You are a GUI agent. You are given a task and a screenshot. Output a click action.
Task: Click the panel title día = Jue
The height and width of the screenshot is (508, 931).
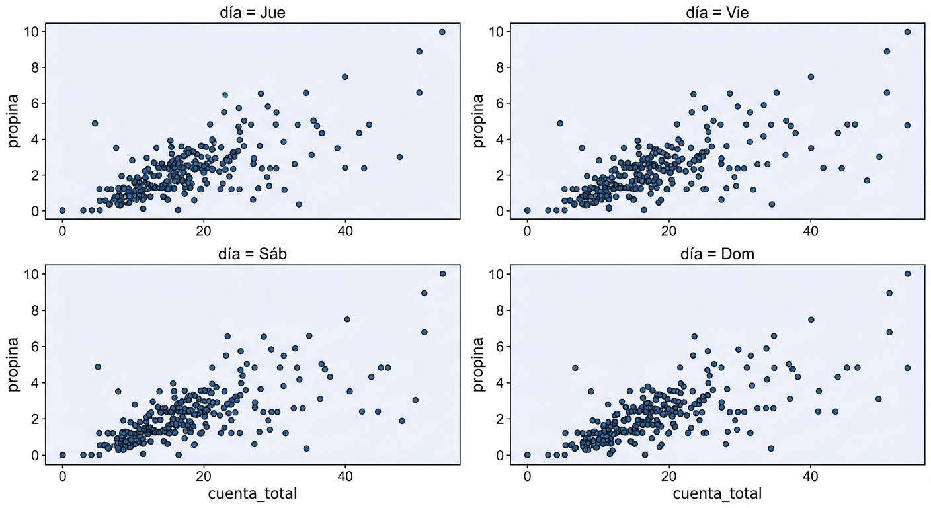tap(253, 12)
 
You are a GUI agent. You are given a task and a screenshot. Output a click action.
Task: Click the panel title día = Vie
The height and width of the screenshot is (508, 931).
tap(717, 12)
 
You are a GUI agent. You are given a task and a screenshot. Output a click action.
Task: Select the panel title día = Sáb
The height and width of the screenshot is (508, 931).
tap(253, 254)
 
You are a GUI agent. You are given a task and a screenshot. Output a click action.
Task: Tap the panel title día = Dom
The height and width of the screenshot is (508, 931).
tap(717, 254)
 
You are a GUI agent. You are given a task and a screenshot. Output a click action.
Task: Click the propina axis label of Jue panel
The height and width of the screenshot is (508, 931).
tap(14, 121)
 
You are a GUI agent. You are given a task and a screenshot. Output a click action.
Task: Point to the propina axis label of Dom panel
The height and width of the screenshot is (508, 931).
tap(479, 364)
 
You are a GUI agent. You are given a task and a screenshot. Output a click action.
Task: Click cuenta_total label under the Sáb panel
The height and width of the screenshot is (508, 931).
tap(253, 493)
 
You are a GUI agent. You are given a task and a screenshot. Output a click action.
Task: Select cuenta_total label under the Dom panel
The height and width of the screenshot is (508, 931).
tap(717, 493)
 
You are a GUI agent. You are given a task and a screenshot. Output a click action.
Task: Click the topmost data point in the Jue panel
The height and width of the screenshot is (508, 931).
tap(442, 32)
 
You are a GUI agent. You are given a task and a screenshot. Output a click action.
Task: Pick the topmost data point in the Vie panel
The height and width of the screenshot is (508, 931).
tap(907, 32)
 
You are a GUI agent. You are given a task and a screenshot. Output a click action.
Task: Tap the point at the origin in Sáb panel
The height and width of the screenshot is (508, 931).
tap(62, 455)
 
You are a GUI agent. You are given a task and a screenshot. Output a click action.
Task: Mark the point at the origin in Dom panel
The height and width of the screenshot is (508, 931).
tap(527, 455)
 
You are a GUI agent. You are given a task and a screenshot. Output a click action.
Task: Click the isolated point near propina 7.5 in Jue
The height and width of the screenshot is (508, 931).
tap(344, 77)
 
